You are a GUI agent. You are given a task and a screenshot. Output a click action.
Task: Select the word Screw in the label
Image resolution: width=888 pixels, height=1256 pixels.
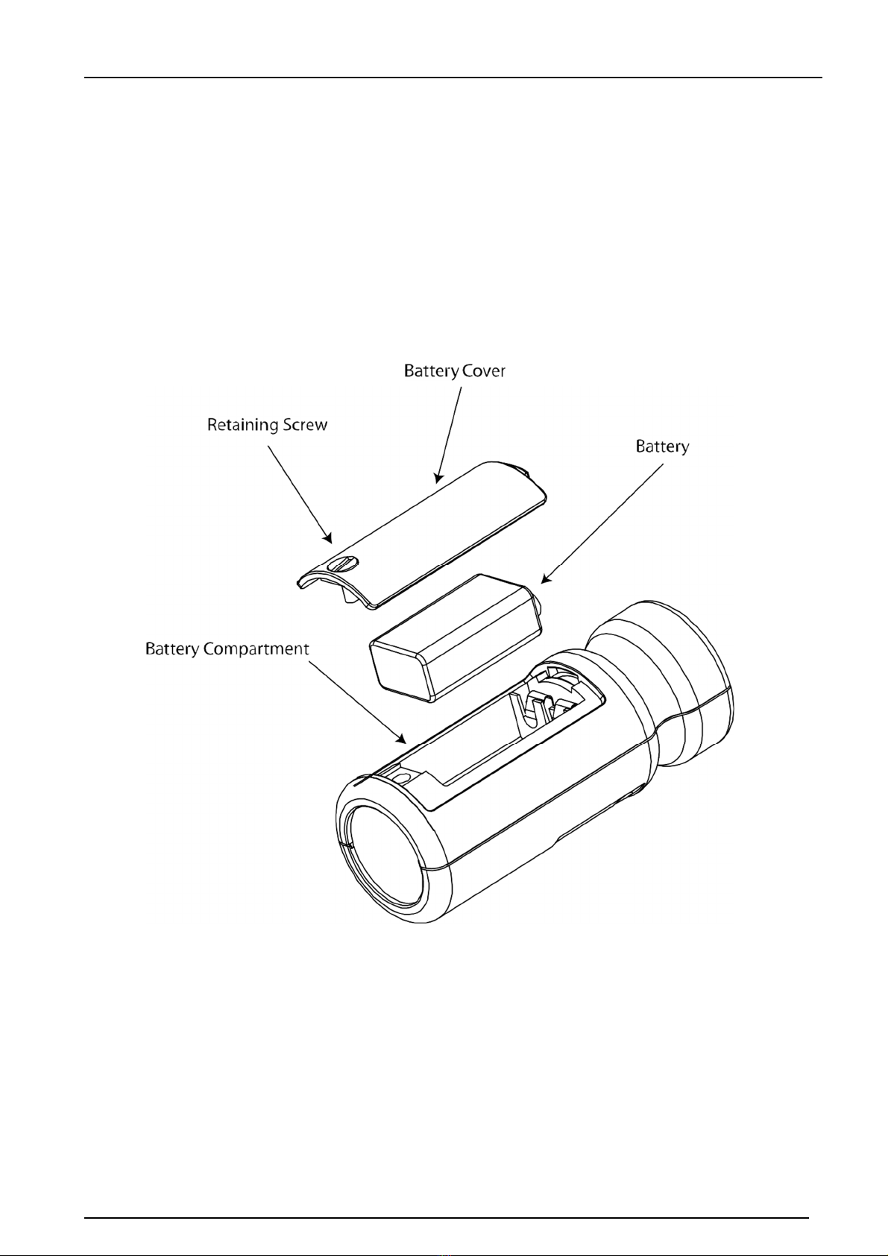click(x=305, y=425)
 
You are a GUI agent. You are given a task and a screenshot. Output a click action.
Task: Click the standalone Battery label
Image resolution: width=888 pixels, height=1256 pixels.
click(x=663, y=447)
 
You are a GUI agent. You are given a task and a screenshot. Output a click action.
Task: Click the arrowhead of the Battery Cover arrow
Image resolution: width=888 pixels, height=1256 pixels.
click(x=438, y=478)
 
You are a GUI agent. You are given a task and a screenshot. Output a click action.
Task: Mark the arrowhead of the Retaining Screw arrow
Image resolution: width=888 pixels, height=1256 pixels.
click(x=329, y=539)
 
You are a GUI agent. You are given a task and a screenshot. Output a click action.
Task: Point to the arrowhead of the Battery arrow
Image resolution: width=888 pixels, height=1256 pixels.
click(x=545, y=580)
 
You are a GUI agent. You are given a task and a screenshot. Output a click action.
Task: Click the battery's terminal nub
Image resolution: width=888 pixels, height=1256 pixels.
click(x=539, y=605)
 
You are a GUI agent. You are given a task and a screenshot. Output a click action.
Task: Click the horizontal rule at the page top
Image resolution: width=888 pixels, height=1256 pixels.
click(x=453, y=78)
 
